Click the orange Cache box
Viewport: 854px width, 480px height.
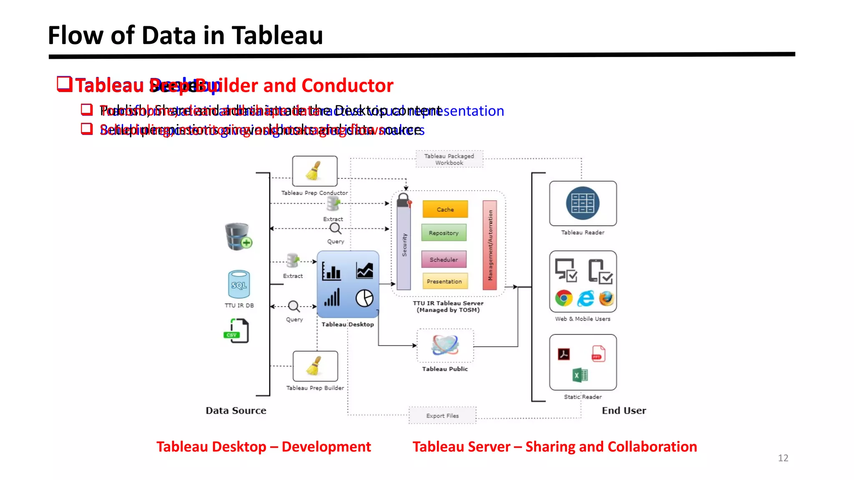click(445, 209)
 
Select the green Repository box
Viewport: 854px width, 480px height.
click(444, 233)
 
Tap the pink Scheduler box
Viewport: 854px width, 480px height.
click(444, 259)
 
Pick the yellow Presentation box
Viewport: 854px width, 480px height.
click(445, 281)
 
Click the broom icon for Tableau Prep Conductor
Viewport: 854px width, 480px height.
click(314, 171)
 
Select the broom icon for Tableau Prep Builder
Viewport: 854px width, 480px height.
click(315, 366)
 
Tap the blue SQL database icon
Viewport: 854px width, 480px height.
click(239, 284)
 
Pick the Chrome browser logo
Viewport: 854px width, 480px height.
click(564, 298)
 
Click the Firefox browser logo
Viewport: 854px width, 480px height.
click(607, 298)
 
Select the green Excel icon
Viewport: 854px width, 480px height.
click(580, 375)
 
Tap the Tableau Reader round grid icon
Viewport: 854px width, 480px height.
click(583, 203)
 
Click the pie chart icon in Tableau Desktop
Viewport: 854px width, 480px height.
click(364, 298)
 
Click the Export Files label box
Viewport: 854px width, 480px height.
click(442, 415)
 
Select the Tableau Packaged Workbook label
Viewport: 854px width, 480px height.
click(449, 159)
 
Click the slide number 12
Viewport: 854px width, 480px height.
click(783, 458)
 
